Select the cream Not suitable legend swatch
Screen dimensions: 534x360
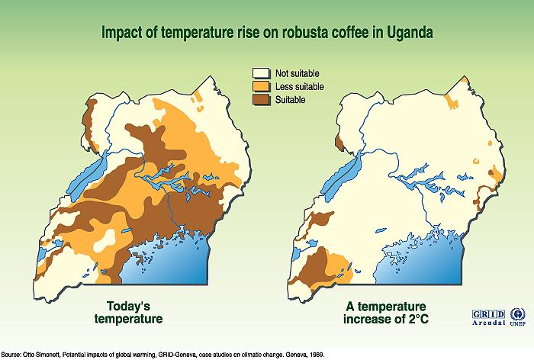[x=261, y=73]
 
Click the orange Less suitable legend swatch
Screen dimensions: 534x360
[x=261, y=86]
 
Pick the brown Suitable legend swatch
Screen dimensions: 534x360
[x=261, y=100]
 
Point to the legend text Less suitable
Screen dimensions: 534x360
[x=299, y=87]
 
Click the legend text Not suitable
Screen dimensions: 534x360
[x=297, y=73]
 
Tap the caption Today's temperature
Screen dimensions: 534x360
[x=128, y=313]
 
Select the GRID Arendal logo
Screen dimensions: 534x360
[x=488, y=317]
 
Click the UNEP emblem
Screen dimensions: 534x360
[x=518, y=317]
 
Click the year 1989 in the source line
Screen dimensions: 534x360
[x=317, y=355]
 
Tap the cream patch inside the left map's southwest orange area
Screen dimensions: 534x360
[x=106, y=240]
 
